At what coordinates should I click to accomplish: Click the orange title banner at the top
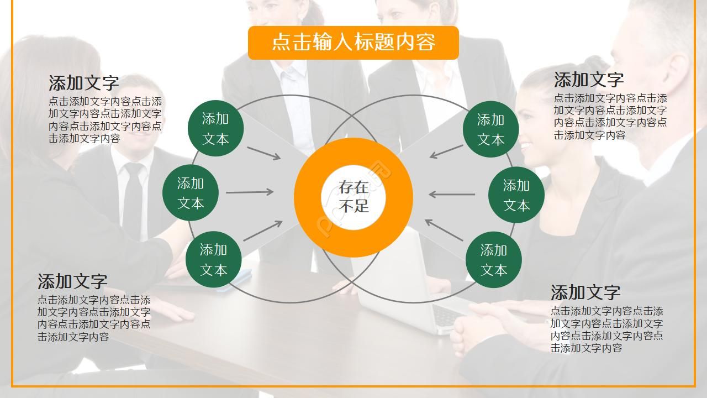pyautogui.click(x=353, y=43)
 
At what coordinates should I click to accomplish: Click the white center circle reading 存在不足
pyautogui.click(x=353, y=197)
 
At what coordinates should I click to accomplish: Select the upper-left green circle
pyautogui.click(x=215, y=128)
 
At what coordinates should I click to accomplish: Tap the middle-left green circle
pyautogui.click(x=191, y=193)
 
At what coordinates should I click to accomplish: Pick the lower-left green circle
pyautogui.click(x=213, y=260)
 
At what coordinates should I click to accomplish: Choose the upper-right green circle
pyautogui.click(x=490, y=129)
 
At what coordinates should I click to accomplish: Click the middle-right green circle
pyautogui.click(x=516, y=195)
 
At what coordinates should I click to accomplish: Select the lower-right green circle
pyautogui.click(x=493, y=260)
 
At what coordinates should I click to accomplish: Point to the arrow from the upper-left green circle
pyautogui.click(x=263, y=153)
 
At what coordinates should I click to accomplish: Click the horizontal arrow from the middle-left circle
pyautogui.click(x=250, y=192)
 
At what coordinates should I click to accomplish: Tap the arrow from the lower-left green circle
pyautogui.click(x=263, y=231)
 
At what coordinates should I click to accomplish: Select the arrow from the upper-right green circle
pyautogui.click(x=446, y=151)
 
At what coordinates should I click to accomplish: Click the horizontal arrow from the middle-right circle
pyautogui.click(x=452, y=194)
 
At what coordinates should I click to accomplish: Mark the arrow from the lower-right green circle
pyautogui.click(x=444, y=230)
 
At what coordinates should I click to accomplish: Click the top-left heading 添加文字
pyautogui.click(x=84, y=83)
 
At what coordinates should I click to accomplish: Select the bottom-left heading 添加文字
pyautogui.click(x=72, y=281)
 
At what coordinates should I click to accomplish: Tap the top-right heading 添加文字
pyautogui.click(x=589, y=80)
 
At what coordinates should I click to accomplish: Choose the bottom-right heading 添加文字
pyautogui.click(x=585, y=292)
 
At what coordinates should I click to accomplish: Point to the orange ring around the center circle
pyautogui.click(x=309, y=197)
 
